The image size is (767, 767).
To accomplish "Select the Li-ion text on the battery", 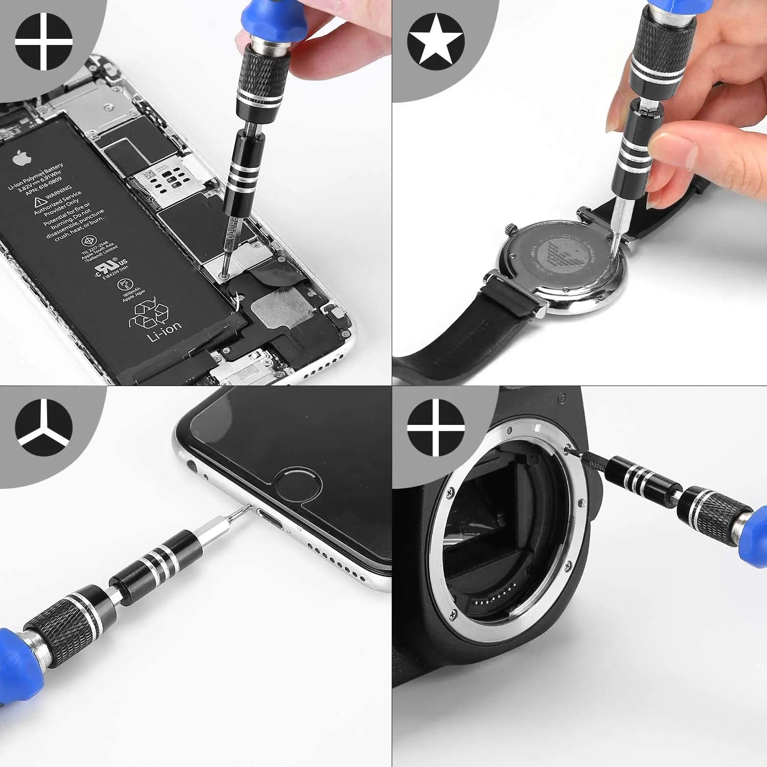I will (x=164, y=331).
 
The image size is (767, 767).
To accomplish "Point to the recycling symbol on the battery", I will (x=151, y=313).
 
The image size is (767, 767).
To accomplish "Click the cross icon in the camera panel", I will (x=436, y=427).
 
